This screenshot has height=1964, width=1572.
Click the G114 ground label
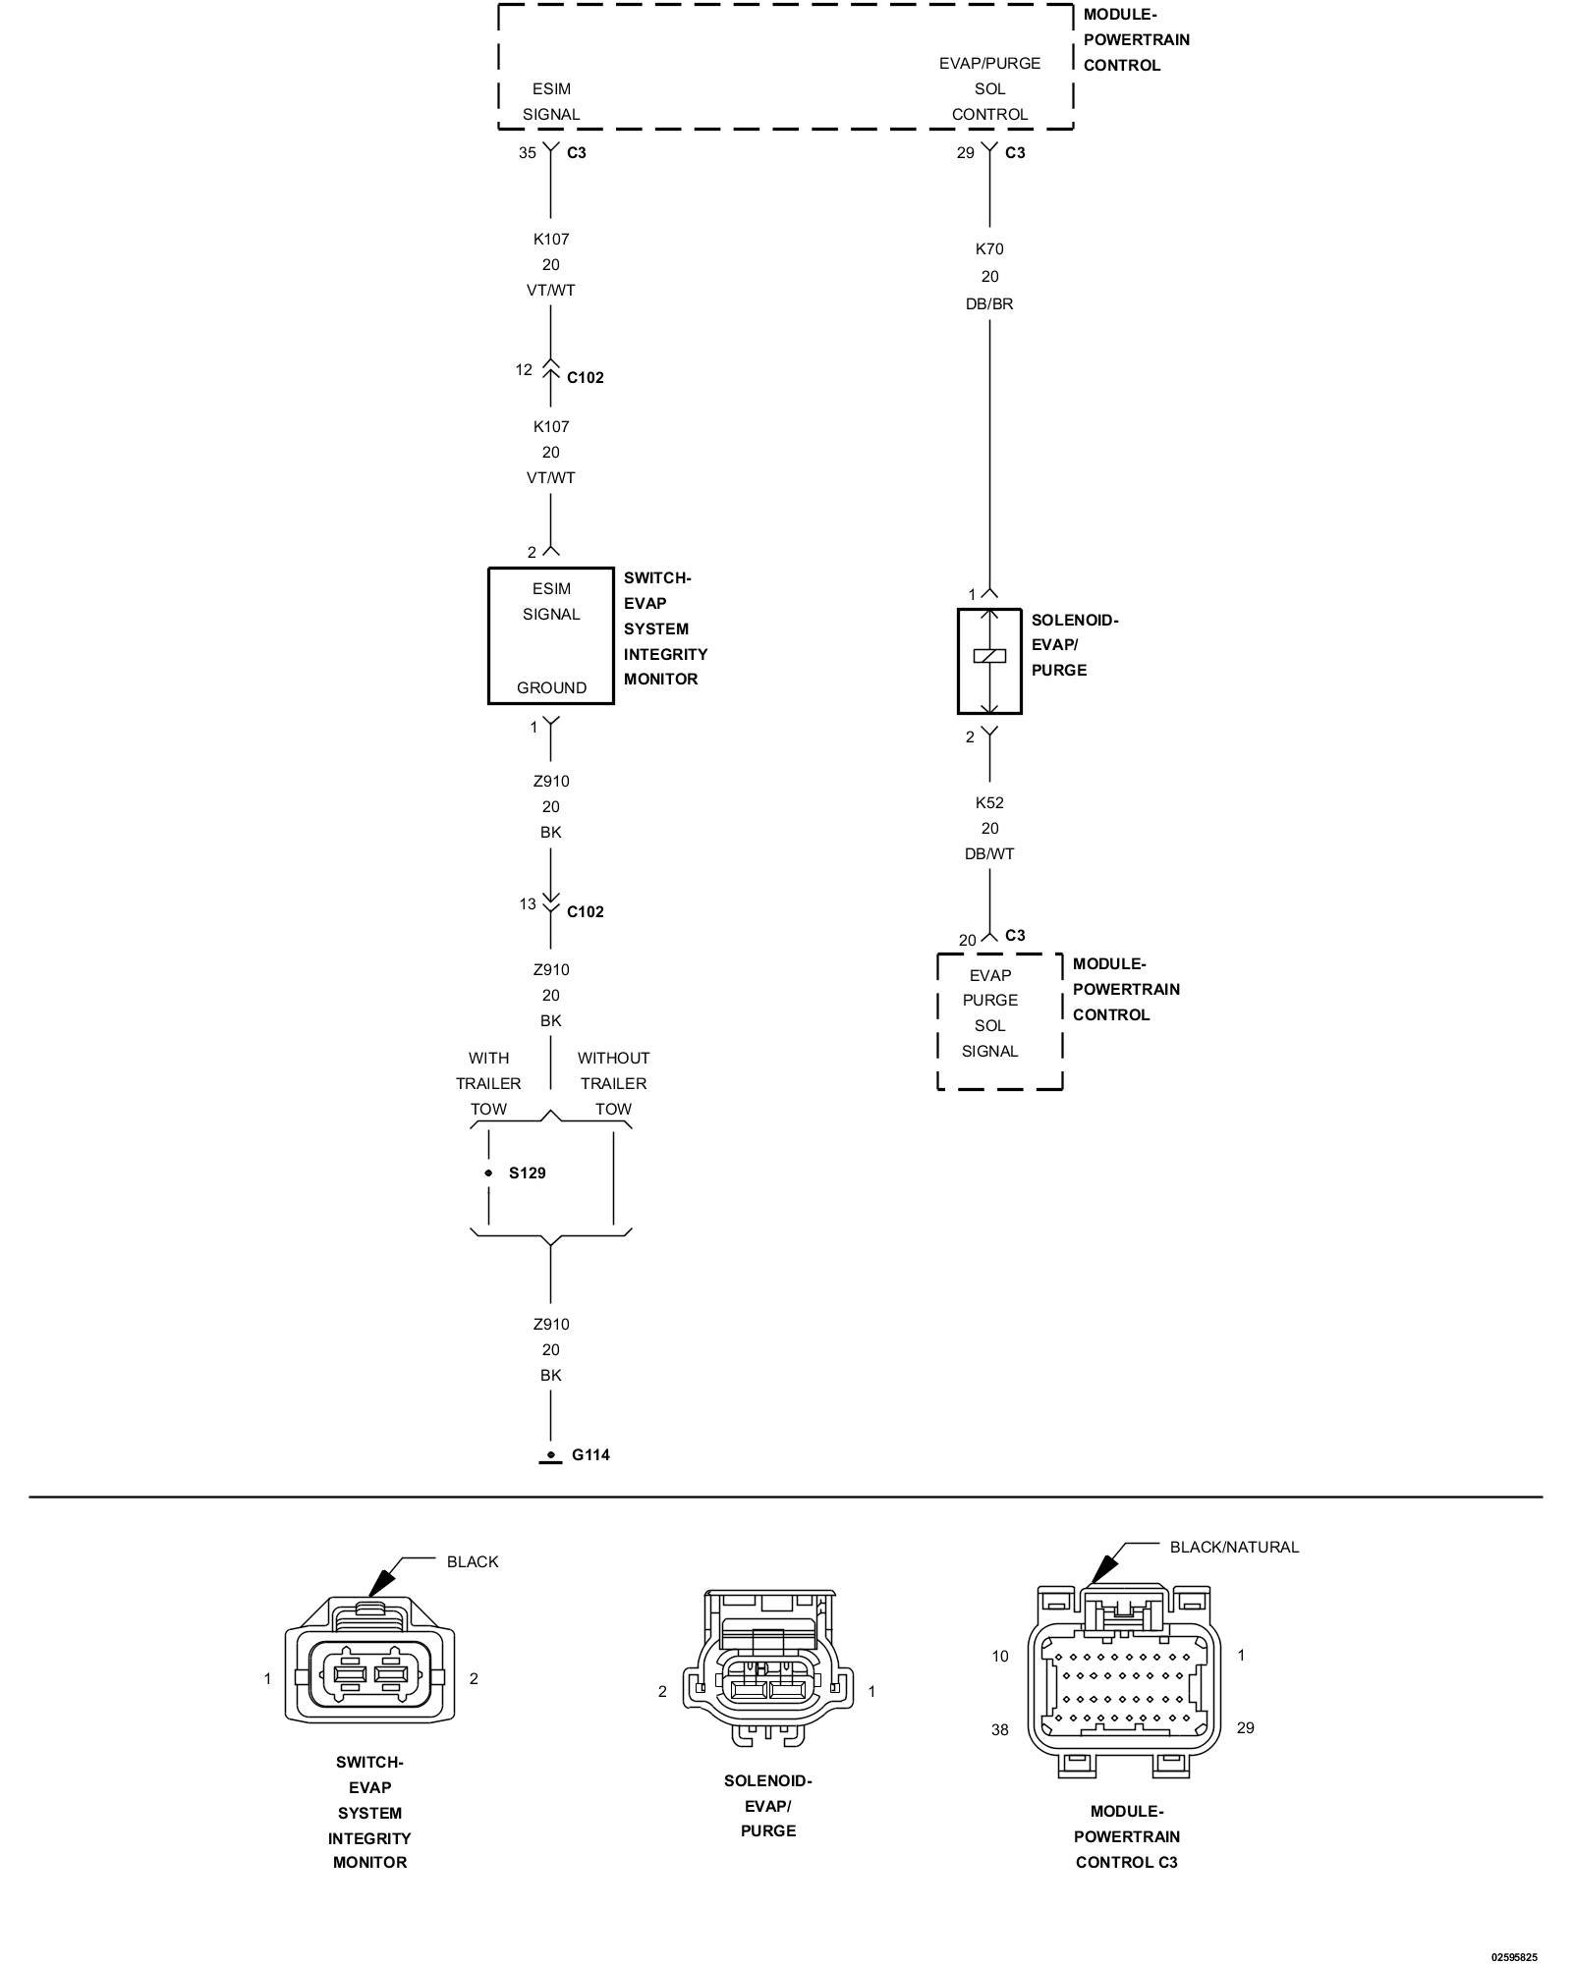pos(590,1454)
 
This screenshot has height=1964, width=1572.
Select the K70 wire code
pos(989,249)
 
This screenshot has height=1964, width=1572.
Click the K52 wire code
pos(989,802)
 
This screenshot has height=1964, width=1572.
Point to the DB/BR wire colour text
pos(989,304)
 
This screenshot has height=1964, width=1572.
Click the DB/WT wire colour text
pos(989,854)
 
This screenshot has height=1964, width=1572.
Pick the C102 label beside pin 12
pos(586,378)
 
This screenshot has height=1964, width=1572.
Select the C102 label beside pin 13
pos(586,912)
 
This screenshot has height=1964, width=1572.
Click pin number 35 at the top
pos(528,152)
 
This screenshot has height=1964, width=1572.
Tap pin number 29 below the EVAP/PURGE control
pos(966,152)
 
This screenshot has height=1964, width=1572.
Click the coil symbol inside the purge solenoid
pos(989,656)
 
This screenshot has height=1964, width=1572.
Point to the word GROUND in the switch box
pos(551,687)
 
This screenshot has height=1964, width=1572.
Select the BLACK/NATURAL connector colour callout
pos(1234,1547)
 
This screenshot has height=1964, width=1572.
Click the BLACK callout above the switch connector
pos(473,1561)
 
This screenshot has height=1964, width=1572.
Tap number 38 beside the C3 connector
pos(999,1757)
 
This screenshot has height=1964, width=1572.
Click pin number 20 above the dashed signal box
pos(967,941)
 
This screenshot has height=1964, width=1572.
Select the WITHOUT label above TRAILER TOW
pos(613,1059)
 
